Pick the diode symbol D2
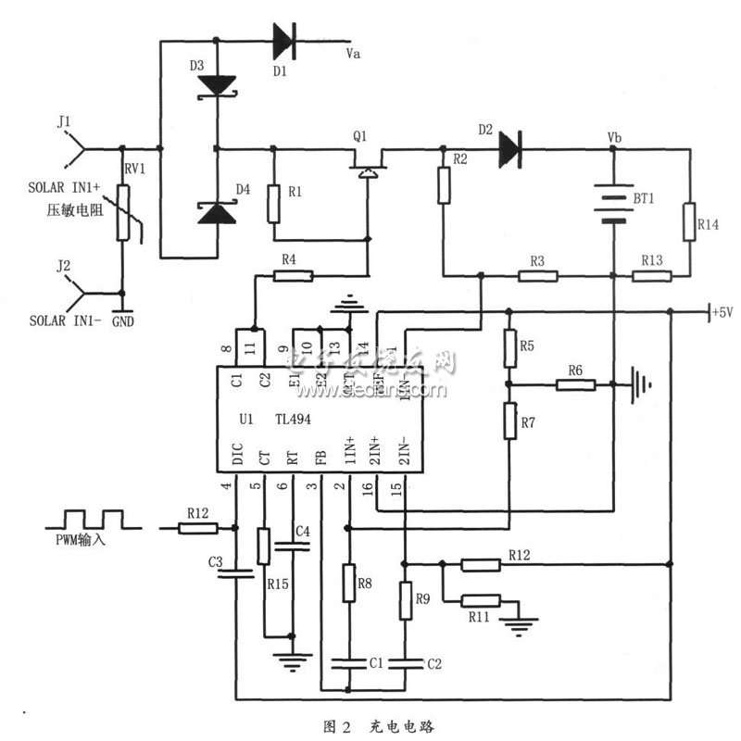pyautogui.click(x=509, y=146)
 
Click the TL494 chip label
pyautogui.click(x=293, y=419)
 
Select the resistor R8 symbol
pyautogui.click(x=349, y=584)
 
